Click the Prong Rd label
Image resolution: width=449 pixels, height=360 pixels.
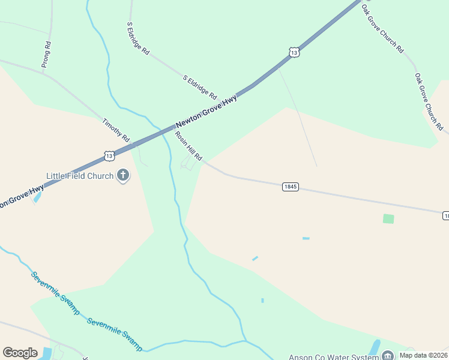tap(47, 53)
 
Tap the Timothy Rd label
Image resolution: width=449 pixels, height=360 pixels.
tap(116, 130)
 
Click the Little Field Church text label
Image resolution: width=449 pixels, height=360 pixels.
tap(80, 176)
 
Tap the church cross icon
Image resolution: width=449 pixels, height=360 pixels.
tap(123, 175)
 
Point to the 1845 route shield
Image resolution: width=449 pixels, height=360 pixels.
tap(290, 187)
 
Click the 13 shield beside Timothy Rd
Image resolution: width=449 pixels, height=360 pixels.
tap(109, 155)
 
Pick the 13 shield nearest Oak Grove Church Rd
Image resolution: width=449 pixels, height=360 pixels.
tap(293, 53)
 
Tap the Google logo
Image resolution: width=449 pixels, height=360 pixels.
tap(20, 353)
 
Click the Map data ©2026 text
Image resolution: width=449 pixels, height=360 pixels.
tap(423, 355)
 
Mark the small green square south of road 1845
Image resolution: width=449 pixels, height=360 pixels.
tap(388, 219)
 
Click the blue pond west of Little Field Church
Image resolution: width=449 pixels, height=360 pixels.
tap(38, 196)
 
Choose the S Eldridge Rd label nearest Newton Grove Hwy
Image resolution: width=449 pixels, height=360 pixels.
tap(200, 86)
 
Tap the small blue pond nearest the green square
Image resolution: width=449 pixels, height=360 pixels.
tap(306, 238)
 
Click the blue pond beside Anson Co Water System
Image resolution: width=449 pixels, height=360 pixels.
tap(375, 347)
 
